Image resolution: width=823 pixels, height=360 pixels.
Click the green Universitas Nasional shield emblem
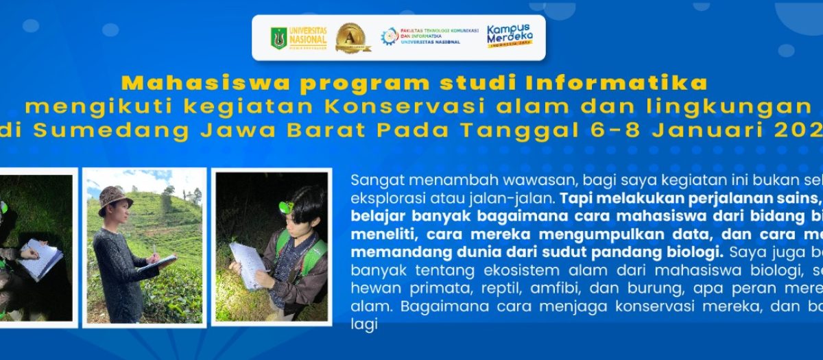tap(278, 38)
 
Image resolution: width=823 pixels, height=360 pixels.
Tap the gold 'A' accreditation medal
tap(353, 38)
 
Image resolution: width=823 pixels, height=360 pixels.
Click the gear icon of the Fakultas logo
tap(389, 36)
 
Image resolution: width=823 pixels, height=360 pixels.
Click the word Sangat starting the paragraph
tap(373, 180)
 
